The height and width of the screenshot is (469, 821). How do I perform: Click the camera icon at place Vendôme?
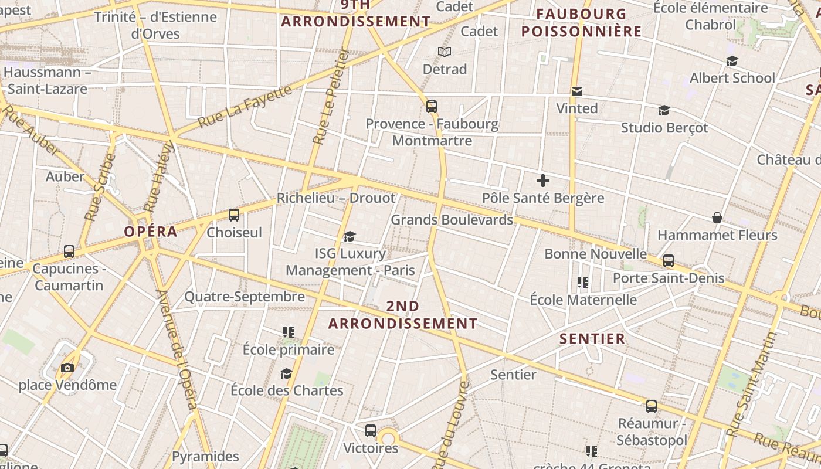pos(67,368)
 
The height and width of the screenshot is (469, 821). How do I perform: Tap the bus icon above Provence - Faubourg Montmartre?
pos(432,106)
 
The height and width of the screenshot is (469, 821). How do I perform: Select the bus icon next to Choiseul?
pos(234,215)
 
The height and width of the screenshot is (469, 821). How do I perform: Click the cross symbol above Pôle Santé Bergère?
pos(543,180)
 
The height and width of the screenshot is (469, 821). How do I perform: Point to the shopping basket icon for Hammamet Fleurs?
pos(717,217)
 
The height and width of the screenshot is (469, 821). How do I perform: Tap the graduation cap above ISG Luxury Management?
pos(350,236)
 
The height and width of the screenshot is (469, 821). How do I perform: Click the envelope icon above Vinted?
pos(577,91)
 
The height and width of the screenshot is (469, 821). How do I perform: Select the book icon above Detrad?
pos(445,52)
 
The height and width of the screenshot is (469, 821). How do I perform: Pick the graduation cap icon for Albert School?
pos(732,61)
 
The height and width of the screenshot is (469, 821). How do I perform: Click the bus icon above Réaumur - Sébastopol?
pos(652,406)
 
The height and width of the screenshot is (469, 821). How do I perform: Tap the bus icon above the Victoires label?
pos(371,431)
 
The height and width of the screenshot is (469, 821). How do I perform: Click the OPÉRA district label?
pos(150,231)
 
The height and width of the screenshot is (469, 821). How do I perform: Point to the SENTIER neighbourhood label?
pos(592,338)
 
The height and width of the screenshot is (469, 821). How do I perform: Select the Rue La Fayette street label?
pos(245,107)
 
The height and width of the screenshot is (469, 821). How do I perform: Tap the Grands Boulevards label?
pos(452,220)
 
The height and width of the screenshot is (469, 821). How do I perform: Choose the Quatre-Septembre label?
pos(245,297)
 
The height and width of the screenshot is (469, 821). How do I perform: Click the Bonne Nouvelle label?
pos(595,254)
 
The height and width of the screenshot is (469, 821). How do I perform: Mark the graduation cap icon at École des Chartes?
pos(286,373)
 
